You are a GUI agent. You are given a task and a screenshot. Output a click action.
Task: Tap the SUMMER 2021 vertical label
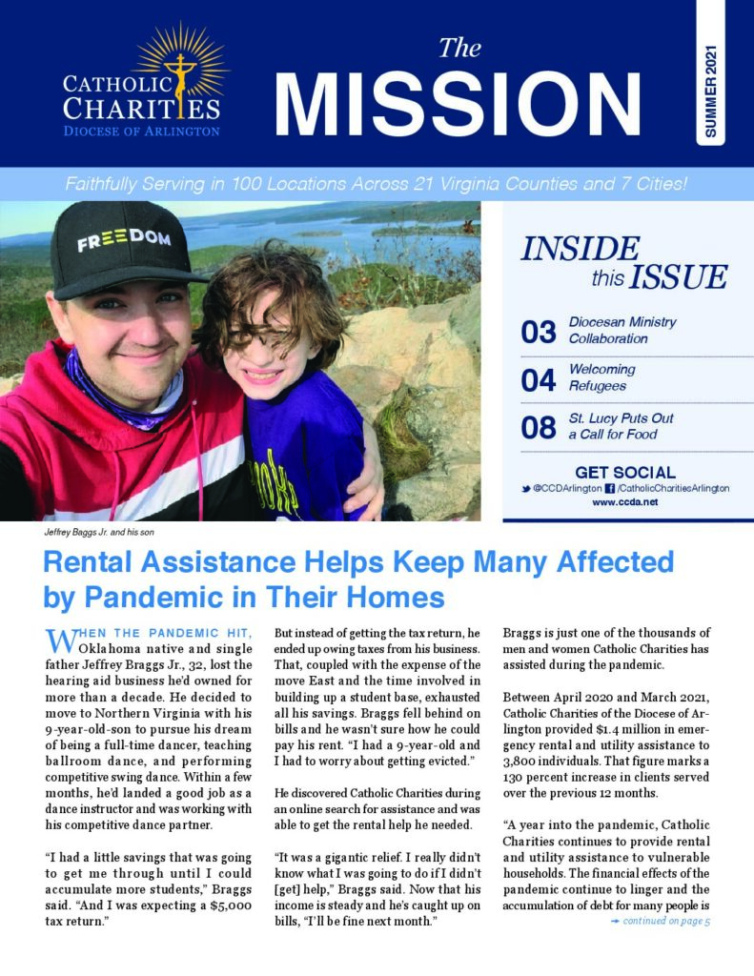click(710, 91)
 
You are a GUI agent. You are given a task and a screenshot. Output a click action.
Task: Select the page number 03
click(539, 332)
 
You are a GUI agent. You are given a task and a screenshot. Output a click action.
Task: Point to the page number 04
click(539, 379)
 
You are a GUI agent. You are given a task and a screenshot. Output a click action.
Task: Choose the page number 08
click(539, 427)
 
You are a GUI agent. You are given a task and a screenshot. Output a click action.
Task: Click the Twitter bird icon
click(525, 488)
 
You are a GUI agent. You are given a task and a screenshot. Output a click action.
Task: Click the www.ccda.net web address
click(624, 501)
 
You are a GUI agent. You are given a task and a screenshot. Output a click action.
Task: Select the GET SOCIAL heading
click(625, 472)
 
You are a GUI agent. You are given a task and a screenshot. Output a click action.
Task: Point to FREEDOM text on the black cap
click(124, 238)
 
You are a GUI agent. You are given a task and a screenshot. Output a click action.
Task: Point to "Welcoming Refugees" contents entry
click(602, 376)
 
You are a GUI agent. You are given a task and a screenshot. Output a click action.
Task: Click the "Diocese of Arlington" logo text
click(142, 132)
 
